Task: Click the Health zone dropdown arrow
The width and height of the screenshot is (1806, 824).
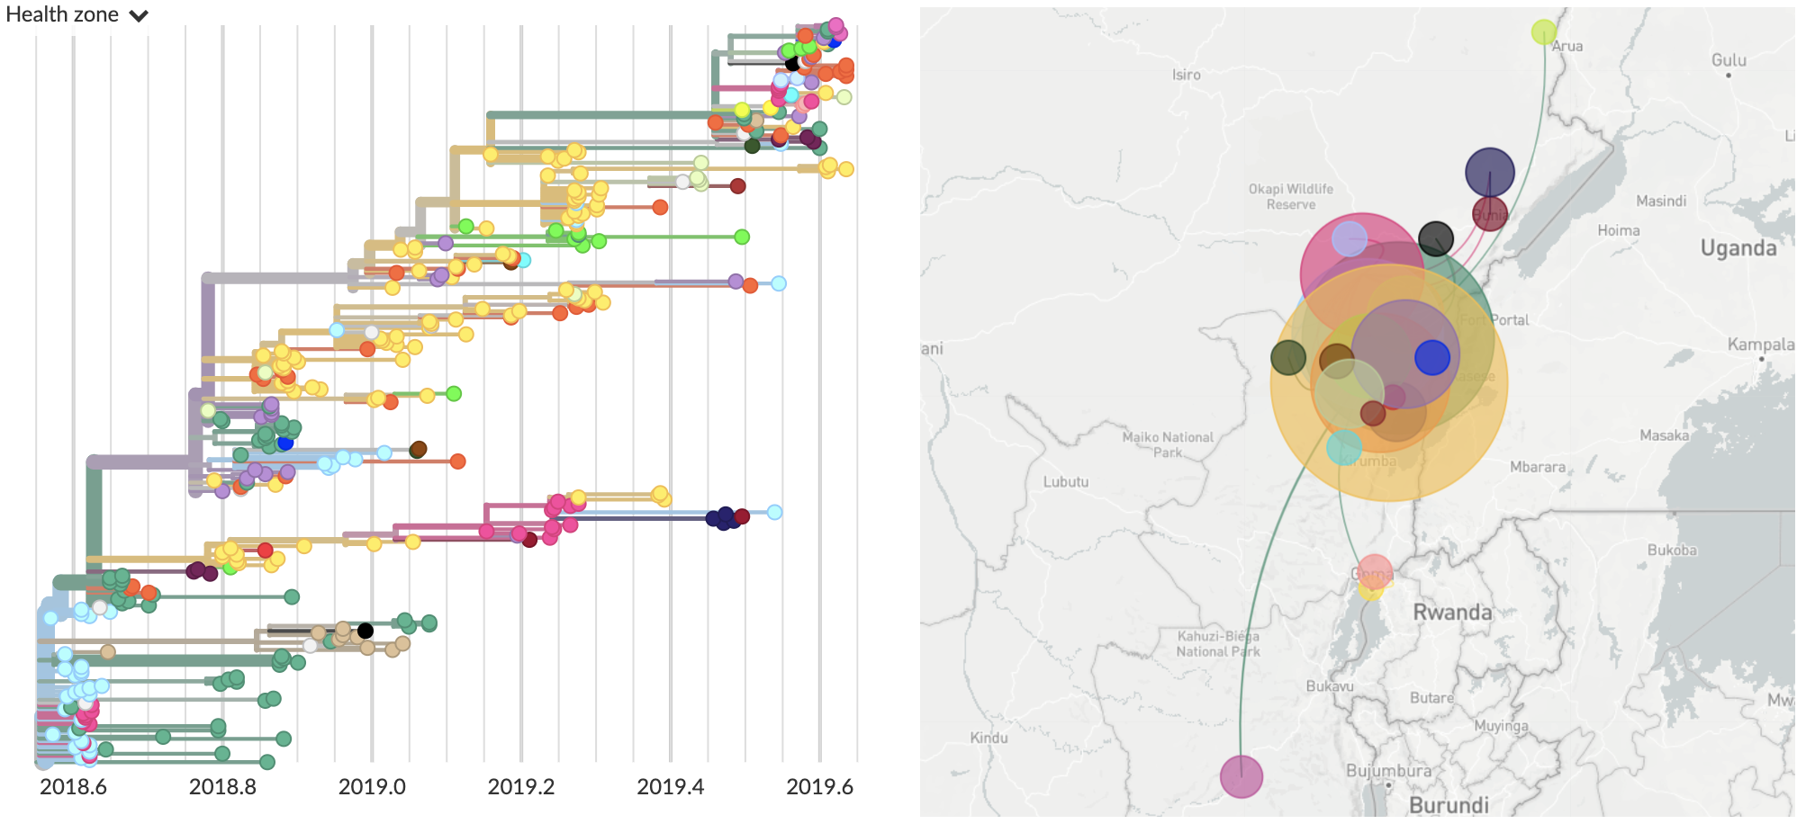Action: (139, 16)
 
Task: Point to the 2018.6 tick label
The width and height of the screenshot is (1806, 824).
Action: (73, 787)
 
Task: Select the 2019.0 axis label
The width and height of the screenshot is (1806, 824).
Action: (372, 787)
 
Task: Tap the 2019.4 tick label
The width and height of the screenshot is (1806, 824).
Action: (670, 787)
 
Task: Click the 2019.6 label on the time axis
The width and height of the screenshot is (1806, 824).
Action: (819, 787)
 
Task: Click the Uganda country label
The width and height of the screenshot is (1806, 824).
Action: (1738, 248)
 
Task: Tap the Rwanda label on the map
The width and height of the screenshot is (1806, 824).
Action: (1452, 613)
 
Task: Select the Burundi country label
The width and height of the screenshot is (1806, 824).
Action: (1449, 805)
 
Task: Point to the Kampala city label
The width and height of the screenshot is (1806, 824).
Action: (1760, 345)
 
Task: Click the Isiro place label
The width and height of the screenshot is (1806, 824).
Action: (1186, 75)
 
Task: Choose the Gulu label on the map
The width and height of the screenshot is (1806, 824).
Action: (1729, 60)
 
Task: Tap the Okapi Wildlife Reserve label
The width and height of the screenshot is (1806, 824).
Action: (1290, 196)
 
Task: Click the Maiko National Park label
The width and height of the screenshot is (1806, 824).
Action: (1168, 444)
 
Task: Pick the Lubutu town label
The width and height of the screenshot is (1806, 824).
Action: (1066, 482)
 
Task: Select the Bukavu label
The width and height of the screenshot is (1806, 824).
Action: (1330, 686)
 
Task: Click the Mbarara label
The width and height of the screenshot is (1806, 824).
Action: (1537, 467)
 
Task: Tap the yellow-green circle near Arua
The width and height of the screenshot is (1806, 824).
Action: (1543, 32)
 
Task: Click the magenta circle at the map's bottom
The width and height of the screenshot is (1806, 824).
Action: (1241, 776)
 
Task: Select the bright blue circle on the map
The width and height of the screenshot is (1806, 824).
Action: (1431, 357)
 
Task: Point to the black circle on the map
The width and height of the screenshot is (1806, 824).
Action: (1435, 238)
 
